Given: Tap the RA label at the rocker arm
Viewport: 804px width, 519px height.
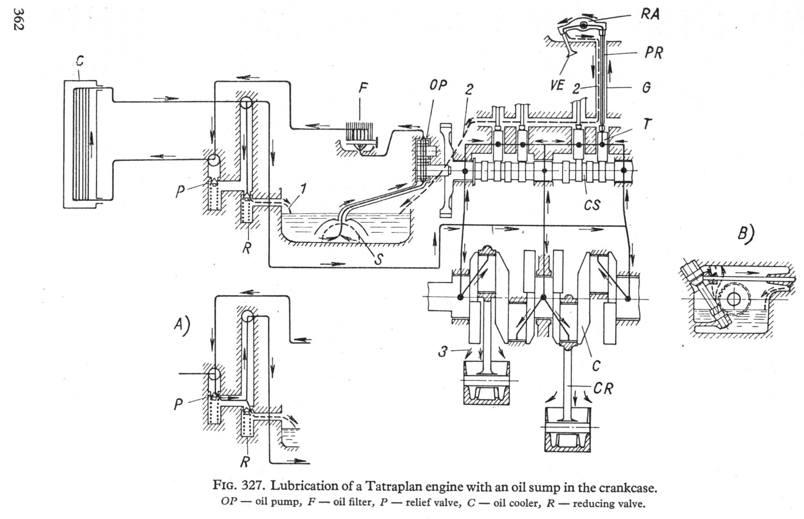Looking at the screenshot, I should coord(650,14).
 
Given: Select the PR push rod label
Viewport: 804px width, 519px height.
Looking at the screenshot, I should coord(654,52).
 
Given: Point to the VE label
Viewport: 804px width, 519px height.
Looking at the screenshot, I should coord(557,85).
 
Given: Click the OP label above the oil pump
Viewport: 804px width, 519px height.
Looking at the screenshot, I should coord(438,85).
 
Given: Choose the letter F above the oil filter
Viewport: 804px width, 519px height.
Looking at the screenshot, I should coord(363,88).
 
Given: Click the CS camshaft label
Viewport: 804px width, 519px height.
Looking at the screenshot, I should coord(592,205).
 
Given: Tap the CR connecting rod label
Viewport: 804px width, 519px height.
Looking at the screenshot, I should coord(603,389).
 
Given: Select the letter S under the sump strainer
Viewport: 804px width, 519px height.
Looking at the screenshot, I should coord(378,259).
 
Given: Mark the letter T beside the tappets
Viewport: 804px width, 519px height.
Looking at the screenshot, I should coord(647,124).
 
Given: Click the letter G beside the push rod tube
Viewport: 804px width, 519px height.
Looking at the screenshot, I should coord(646,88).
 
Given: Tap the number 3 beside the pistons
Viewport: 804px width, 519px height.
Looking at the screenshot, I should coord(442,351).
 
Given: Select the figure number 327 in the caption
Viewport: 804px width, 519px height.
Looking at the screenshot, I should coord(252,486).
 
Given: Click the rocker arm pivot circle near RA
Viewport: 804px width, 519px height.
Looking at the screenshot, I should coord(584,26).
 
